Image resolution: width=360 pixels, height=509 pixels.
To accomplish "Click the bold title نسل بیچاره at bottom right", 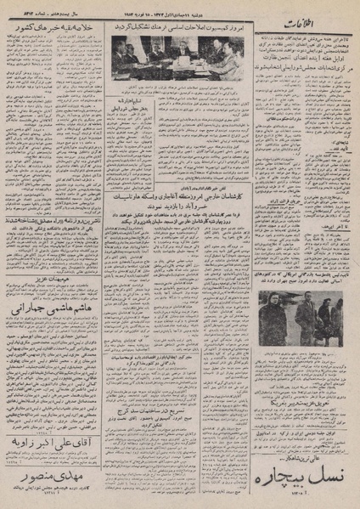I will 308,475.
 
